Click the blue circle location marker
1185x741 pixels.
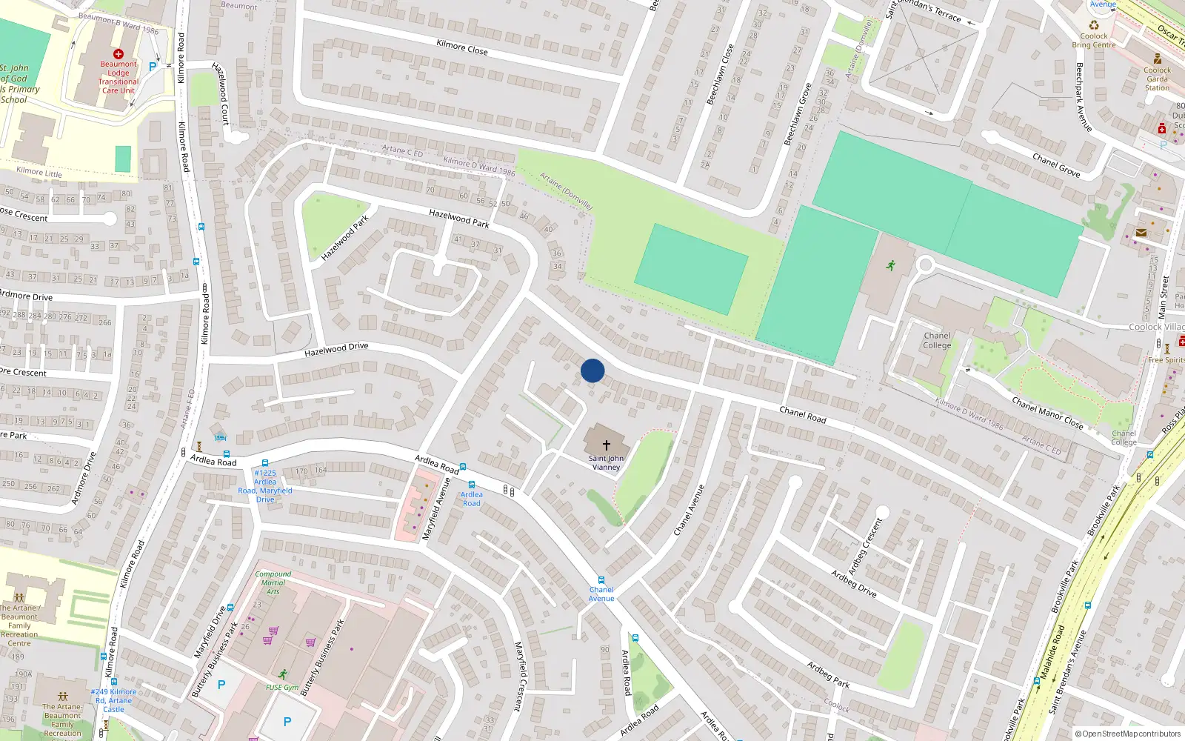pyautogui.click(x=592, y=370)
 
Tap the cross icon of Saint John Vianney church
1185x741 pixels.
pyautogui.click(x=606, y=445)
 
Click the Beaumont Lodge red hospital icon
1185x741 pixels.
pyautogui.click(x=118, y=54)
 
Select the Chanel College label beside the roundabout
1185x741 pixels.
pyautogui.click(x=937, y=340)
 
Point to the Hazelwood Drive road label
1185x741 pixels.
pyautogui.click(x=336, y=349)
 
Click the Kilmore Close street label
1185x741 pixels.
pyautogui.click(x=461, y=47)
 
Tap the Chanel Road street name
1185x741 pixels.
pyautogui.click(x=803, y=414)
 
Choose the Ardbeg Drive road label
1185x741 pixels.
pyautogui.click(x=854, y=584)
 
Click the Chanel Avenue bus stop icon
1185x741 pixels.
pyautogui.click(x=601, y=581)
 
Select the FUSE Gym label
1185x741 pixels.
pyautogui.click(x=281, y=688)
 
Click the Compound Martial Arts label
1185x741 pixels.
pyautogui.click(x=273, y=582)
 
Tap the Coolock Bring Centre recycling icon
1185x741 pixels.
pyautogui.click(x=1094, y=24)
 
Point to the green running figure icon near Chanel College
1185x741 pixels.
pyautogui.click(x=890, y=265)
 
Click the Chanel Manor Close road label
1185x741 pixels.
pyautogui.click(x=1047, y=413)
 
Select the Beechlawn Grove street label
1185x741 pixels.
pyautogui.click(x=798, y=115)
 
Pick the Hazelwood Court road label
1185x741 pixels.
pyautogui.click(x=221, y=93)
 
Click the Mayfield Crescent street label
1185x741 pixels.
pyautogui.click(x=520, y=676)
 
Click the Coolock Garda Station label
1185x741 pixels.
pyautogui.click(x=1157, y=79)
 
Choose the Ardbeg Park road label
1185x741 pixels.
pyautogui.click(x=828, y=674)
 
